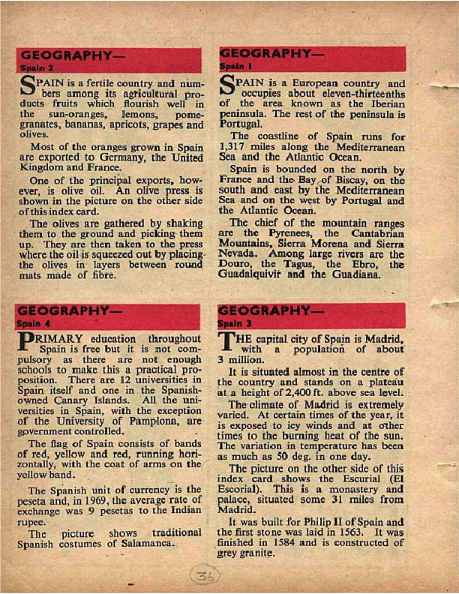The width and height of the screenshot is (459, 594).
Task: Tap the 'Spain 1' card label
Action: point(232,66)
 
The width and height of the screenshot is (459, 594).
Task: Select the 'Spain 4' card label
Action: point(32,323)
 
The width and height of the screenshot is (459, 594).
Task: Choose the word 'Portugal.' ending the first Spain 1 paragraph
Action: point(239,122)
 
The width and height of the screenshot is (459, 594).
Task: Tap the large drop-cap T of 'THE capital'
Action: point(228,343)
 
